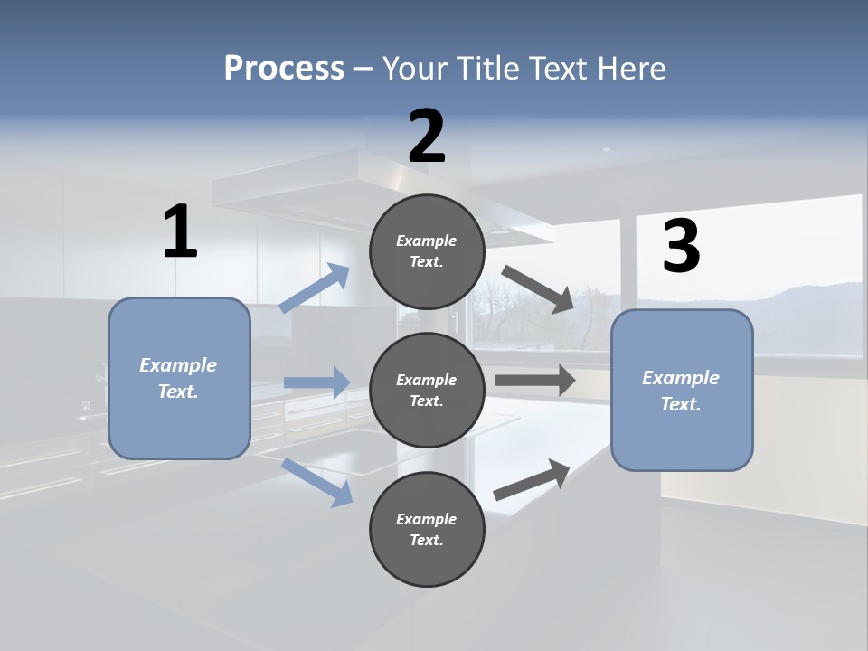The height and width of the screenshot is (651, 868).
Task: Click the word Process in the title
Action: (x=284, y=69)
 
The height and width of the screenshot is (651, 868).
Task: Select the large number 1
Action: (x=181, y=231)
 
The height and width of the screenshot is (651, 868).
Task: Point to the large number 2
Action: (x=427, y=137)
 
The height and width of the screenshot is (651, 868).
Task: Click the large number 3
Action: (x=682, y=245)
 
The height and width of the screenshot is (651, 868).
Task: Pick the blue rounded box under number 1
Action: (x=179, y=379)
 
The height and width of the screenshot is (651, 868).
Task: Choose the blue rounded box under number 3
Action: (x=682, y=391)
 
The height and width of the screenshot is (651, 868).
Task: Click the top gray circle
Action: (x=427, y=252)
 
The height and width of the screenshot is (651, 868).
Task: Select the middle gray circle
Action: (x=427, y=391)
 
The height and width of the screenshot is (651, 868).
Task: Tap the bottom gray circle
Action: (x=427, y=530)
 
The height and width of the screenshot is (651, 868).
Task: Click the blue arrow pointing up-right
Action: (x=315, y=288)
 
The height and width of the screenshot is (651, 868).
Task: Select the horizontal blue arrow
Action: (x=317, y=382)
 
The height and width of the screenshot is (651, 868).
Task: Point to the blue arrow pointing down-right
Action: (x=317, y=483)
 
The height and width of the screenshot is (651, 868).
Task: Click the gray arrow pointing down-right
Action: (x=537, y=289)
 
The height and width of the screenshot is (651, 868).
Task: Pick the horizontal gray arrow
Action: (x=535, y=381)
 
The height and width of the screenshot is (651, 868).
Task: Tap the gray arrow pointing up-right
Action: (x=532, y=480)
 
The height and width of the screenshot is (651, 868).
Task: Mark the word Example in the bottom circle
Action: (x=426, y=519)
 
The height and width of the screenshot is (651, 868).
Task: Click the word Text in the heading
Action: (x=558, y=68)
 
